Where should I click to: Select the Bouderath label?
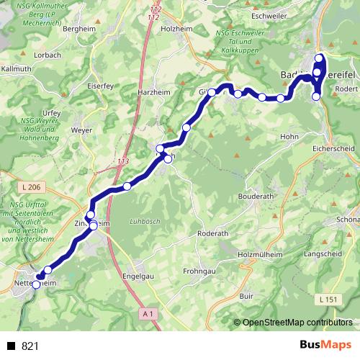[x=256, y=195]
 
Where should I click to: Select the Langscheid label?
[x=324, y=254]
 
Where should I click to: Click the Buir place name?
[x=247, y=295]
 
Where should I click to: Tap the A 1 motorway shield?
[x=148, y=313]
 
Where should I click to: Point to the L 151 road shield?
[x=326, y=297]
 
